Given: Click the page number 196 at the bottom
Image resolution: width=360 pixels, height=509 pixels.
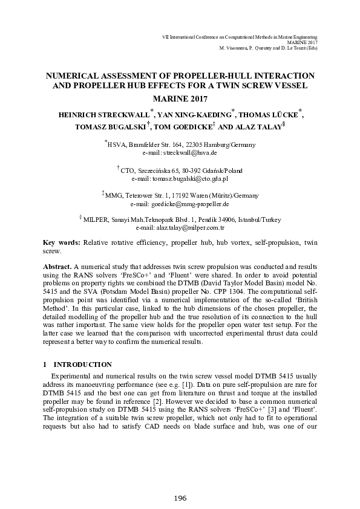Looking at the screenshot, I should pyautogui.click(x=180, y=498).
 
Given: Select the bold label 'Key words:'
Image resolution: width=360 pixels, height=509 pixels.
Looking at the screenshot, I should pyautogui.click(x=62, y=241).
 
